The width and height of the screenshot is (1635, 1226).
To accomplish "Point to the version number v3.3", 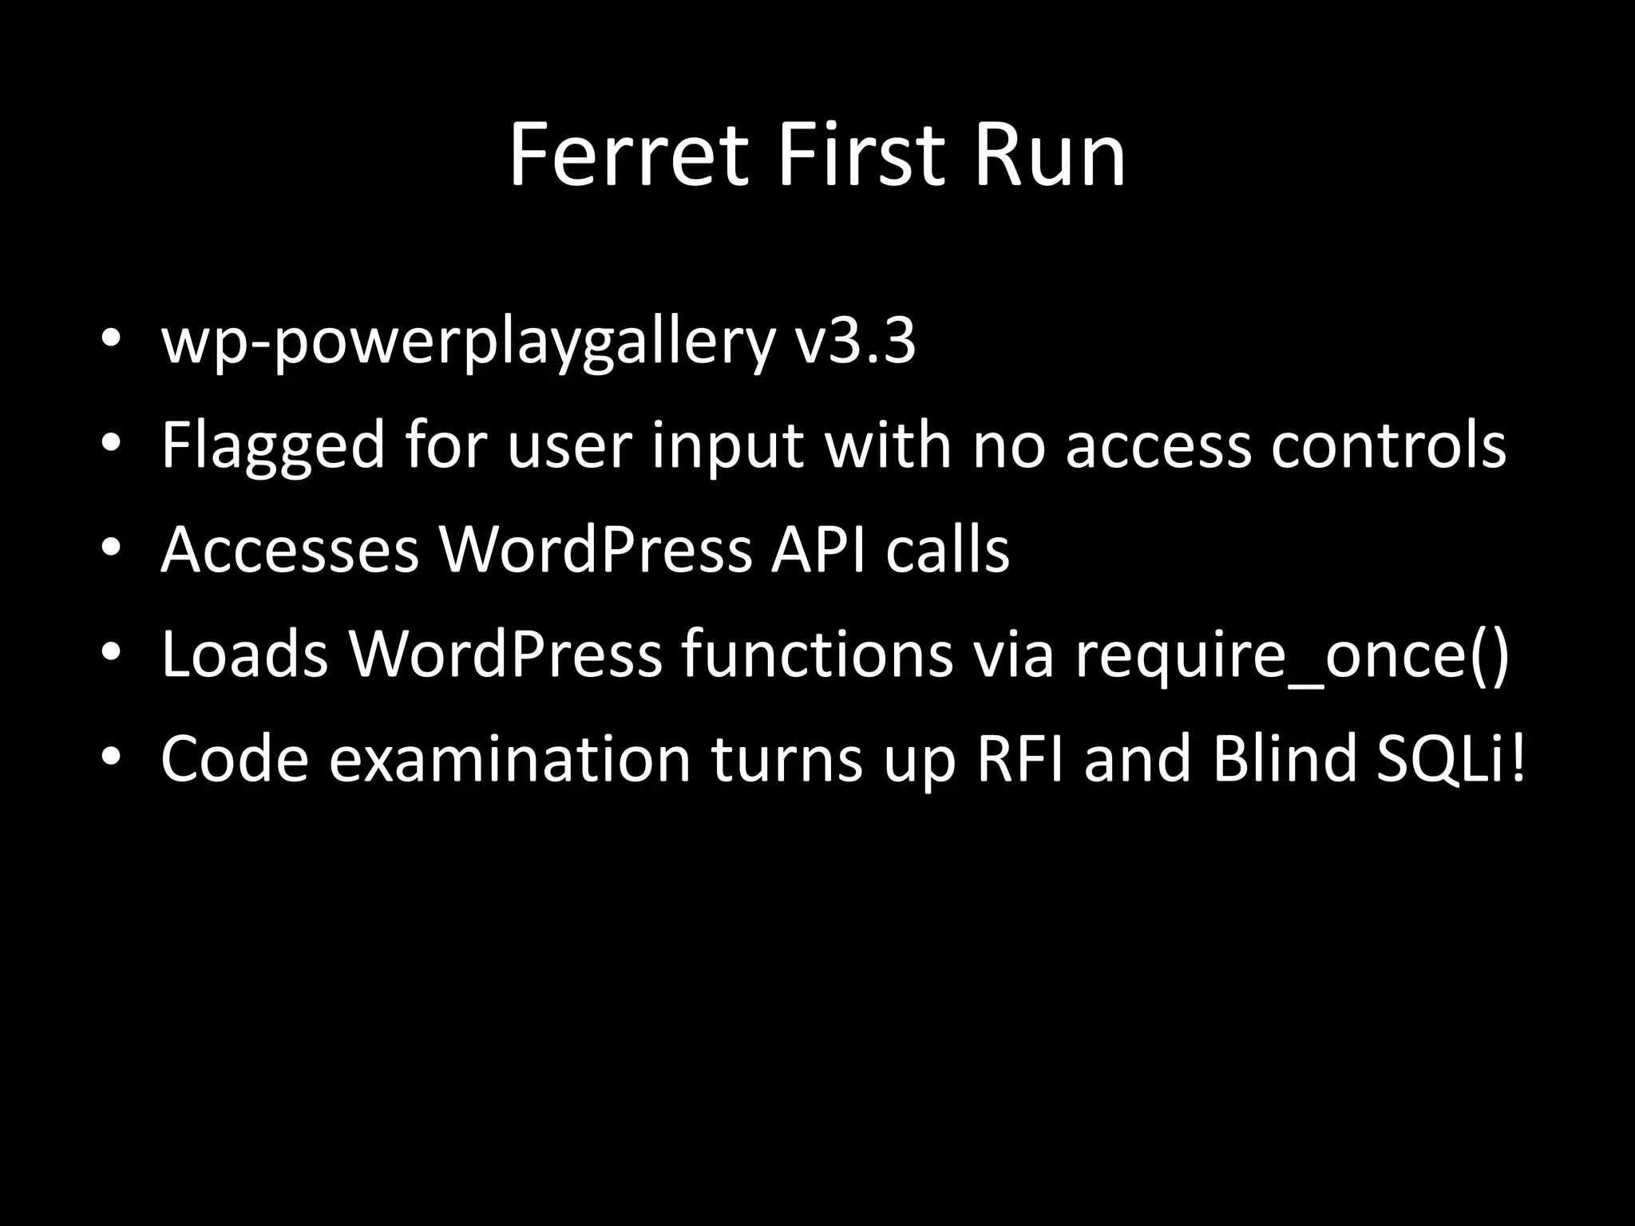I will [x=855, y=342].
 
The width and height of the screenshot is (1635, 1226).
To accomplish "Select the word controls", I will [x=1388, y=445].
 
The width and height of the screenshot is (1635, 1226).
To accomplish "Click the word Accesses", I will [x=290, y=550].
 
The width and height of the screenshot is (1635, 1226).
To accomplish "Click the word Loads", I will [x=244, y=654].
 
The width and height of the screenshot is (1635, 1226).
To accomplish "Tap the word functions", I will [x=817, y=654].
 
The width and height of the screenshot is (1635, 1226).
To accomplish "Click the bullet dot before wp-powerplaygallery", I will [x=111, y=341].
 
